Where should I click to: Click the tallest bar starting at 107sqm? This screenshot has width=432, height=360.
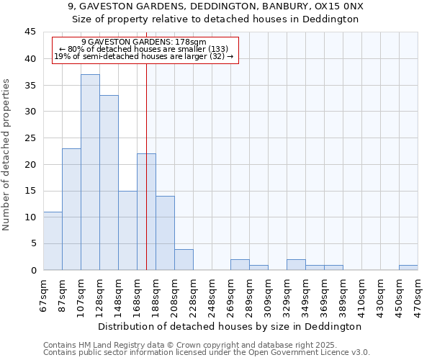point(90,172)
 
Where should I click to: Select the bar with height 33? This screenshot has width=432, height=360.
point(109,183)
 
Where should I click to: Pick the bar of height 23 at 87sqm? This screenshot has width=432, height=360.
point(71,209)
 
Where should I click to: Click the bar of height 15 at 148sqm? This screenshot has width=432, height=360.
point(127,230)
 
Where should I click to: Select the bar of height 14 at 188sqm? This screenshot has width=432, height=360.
point(165,233)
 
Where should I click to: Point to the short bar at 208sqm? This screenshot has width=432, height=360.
point(184,260)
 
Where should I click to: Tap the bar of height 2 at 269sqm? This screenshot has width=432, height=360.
point(240,265)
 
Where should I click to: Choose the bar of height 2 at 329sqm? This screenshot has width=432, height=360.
point(296,265)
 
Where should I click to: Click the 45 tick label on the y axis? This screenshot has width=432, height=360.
point(30,32)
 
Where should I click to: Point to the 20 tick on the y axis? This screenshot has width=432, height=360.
point(30,164)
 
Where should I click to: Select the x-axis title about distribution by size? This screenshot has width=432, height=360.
point(230,326)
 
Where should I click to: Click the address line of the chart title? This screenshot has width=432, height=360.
point(216,6)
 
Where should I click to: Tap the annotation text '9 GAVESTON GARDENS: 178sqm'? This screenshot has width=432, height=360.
point(144,42)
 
